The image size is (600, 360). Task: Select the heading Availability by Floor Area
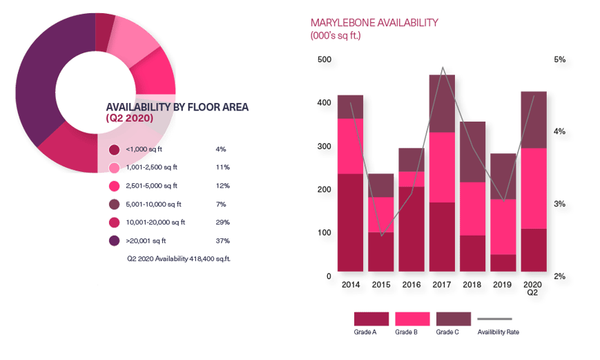pyautogui.click(x=177, y=108)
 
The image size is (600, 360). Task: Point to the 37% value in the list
pyautogui.click(x=222, y=241)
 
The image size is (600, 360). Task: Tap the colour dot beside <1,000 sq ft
pyautogui.click(x=115, y=149)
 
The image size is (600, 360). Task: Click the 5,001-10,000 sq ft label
pyautogui.click(x=154, y=204)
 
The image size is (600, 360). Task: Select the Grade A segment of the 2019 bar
pyautogui.click(x=503, y=263)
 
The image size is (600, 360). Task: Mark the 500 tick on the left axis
pyautogui.click(x=323, y=59)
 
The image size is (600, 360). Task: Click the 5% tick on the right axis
pyautogui.click(x=560, y=59)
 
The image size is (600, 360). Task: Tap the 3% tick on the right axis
pyautogui.click(x=560, y=204)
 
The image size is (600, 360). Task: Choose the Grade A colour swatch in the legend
pyautogui.click(x=371, y=319)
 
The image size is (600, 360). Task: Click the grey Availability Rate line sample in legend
pyautogui.click(x=495, y=319)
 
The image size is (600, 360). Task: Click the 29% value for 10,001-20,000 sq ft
pyautogui.click(x=222, y=222)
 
